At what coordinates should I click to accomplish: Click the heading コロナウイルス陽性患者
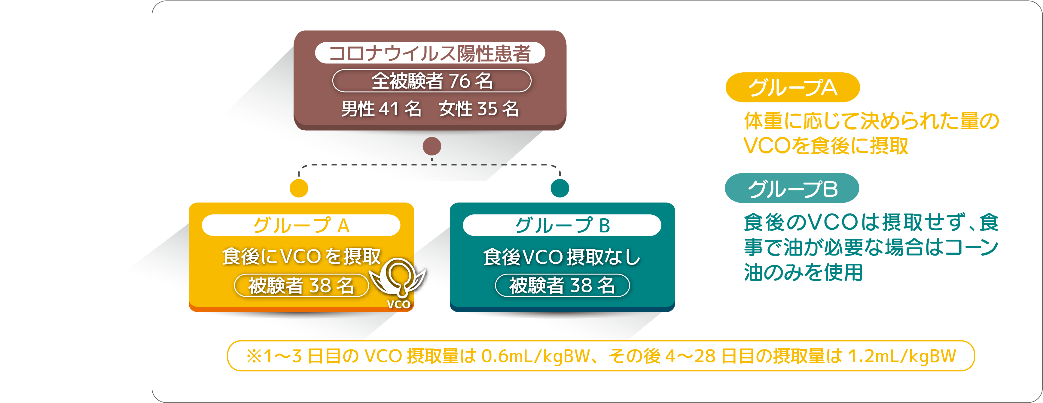(430, 53)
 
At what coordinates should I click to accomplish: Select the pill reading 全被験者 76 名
(432, 81)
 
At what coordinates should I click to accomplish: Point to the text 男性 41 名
(381, 109)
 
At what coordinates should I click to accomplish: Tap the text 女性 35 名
(479, 109)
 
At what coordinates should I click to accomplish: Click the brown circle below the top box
(432, 146)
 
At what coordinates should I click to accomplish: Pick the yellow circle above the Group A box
(299, 188)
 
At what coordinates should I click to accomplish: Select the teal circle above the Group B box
(560, 188)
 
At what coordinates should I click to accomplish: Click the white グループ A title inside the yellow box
(301, 225)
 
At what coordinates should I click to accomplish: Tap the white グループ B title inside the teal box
(562, 225)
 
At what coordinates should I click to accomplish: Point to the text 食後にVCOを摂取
(301, 256)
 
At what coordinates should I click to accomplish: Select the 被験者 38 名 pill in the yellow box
(301, 286)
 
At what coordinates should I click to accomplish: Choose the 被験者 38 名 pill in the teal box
(563, 286)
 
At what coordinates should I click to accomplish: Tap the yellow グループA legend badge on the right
(792, 87)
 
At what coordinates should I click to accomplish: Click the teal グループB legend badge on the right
(792, 188)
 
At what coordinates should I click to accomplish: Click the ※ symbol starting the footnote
(254, 356)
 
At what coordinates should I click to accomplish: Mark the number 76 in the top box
(459, 81)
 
